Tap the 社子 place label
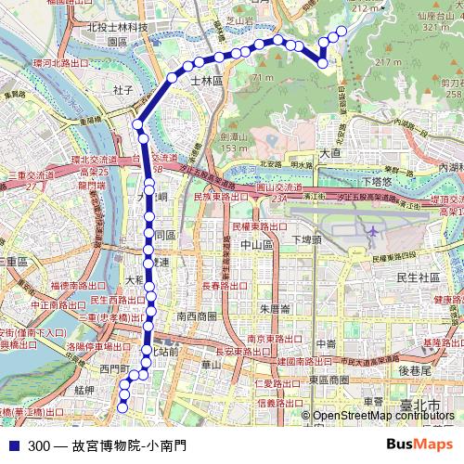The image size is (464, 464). (123, 90)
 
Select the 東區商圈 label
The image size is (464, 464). (328, 380)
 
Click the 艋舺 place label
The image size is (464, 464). (85, 391)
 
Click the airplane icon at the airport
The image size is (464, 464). (372, 230)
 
